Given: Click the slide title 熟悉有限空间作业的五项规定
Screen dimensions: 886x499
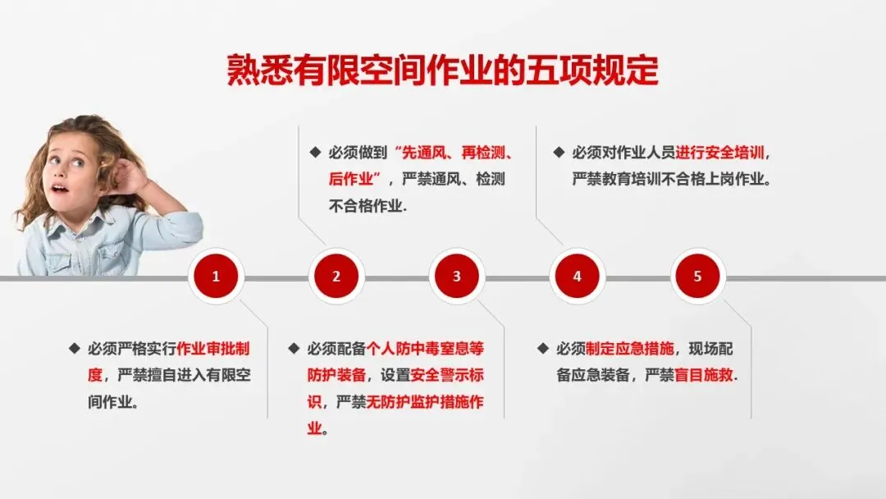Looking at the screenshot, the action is click(x=442, y=71).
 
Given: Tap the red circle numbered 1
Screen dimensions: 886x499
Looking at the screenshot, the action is click(x=216, y=277).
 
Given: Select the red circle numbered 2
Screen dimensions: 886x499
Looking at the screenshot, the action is click(x=336, y=277).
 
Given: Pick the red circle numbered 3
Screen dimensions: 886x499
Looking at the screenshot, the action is click(x=457, y=277).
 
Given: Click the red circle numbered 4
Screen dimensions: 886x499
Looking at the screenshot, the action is click(x=577, y=277).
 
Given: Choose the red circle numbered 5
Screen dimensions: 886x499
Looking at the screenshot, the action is click(x=697, y=277).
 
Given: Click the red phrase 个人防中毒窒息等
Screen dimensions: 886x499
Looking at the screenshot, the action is click(x=426, y=348).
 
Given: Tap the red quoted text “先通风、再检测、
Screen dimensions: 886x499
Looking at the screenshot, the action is click(x=454, y=153).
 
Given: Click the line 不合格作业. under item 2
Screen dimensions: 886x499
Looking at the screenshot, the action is click(x=368, y=206).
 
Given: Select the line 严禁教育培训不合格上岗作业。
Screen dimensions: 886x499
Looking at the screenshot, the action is click(x=671, y=179).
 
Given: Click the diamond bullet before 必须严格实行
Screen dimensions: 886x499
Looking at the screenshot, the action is click(x=74, y=348).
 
